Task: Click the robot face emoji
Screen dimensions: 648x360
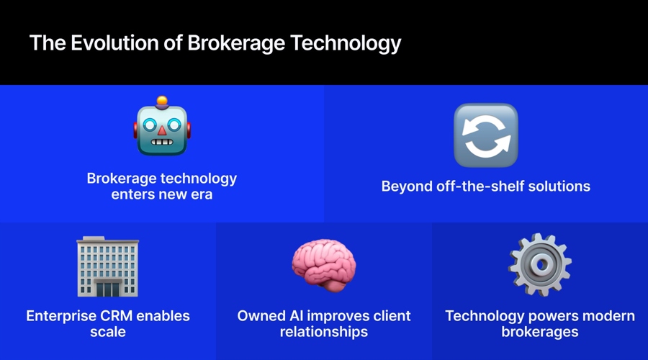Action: tap(162, 126)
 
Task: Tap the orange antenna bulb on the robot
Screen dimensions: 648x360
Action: tap(162, 100)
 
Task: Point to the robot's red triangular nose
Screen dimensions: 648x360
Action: tap(162, 130)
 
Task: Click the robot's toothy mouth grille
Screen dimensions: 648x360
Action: tap(162, 142)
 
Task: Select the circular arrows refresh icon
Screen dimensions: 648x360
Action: tap(485, 135)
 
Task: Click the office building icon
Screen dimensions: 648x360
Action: tap(108, 266)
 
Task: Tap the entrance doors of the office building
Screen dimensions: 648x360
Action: tap(108, 289)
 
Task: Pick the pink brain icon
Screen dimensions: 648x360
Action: tap(323, 265)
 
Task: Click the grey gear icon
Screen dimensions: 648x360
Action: tap(540, 264)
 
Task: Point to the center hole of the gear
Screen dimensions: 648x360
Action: tap(540, 264)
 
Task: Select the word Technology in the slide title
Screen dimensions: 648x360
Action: tap(346, 44)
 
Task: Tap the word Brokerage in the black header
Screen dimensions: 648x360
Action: tap(236, 44)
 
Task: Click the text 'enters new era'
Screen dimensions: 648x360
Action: tap(161, 194)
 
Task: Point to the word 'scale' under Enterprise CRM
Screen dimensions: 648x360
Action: tap(108, 332)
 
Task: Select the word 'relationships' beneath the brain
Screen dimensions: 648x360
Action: tap(323, 332)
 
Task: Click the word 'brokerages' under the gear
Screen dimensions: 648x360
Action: tap(540, 332)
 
